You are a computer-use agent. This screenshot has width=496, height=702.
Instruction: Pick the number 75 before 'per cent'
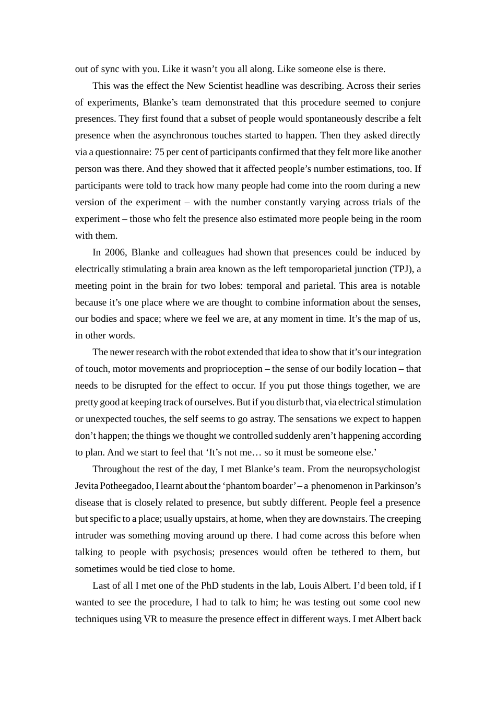click(x=159, y=152)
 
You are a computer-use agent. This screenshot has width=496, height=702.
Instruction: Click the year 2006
click(x=115, y=252)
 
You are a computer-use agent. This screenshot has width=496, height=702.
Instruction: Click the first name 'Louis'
click(x=310, y=586)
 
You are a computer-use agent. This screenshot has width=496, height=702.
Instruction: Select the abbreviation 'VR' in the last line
click(x=150, y=619)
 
